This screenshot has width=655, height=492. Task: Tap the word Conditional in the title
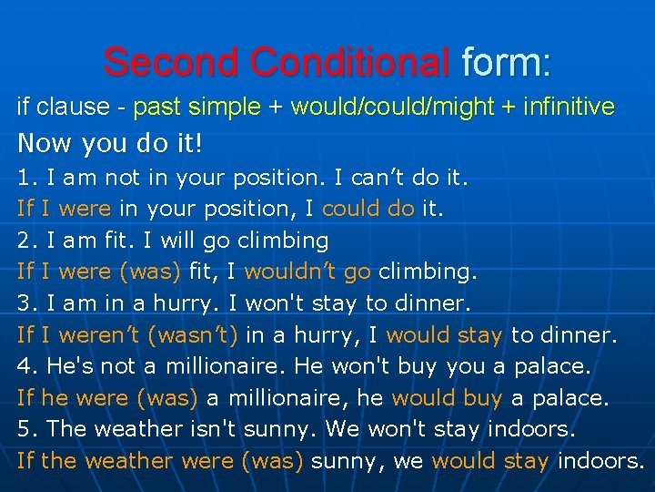349,62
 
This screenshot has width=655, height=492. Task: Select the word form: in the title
506,62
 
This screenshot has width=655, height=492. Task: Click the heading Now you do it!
109,144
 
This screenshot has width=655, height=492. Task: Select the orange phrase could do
368,209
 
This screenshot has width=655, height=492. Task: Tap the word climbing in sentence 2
283,241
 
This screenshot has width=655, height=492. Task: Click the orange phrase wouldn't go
307,272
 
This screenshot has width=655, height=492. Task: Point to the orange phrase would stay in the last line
490,461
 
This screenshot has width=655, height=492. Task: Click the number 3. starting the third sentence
27,303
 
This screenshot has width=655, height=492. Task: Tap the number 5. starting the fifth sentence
27,430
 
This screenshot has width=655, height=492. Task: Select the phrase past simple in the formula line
196,108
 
